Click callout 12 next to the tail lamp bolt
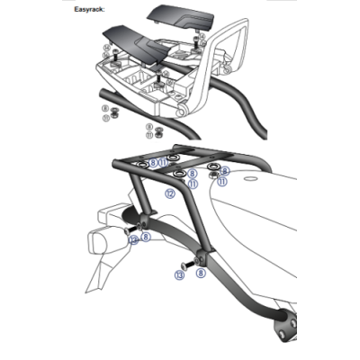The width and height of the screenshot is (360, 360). [x=133, y=240]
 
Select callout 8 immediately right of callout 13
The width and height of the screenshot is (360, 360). [x=200, y=271]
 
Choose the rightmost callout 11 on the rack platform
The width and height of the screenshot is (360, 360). [x=221, y=180]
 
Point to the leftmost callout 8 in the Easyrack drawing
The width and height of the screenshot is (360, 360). [x=105, y=107]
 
